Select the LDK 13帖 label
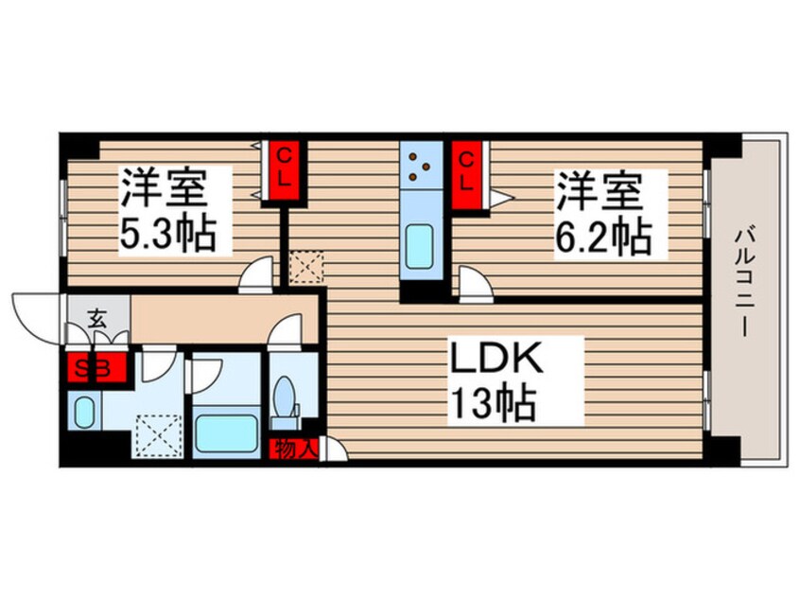[494, 381]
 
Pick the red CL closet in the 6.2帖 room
[466, 174]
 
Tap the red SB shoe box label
[97, 367]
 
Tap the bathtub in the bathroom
[227, 433]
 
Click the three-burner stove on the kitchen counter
[421, 167]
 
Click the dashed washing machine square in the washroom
[159, 436]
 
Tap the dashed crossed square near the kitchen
[306, 267]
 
